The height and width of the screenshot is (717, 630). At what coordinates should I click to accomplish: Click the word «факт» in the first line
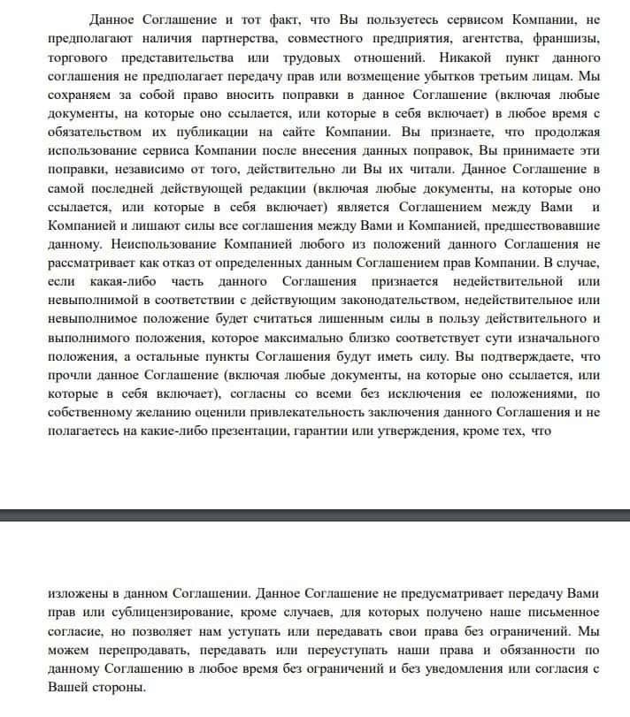click(293, 20)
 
